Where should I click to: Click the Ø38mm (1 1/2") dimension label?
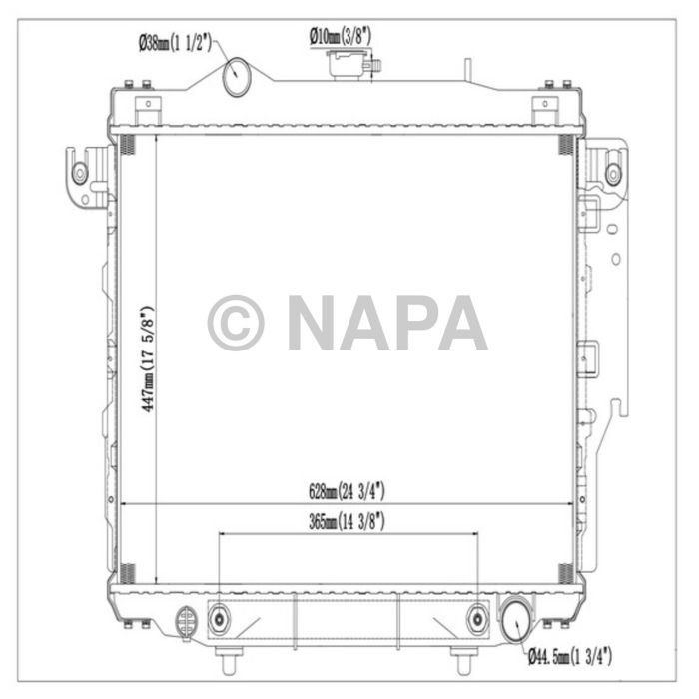(x=175, y=43)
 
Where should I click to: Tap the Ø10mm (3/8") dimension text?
(x=340, y=35)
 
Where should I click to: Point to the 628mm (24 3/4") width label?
(x=347, y=491)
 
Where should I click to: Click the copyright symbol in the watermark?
(x=236, y=323)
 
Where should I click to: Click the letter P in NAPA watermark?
(x=415, y=323)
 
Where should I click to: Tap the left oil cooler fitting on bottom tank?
(x=219, y=620)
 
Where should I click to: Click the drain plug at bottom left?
(x=186, y=621)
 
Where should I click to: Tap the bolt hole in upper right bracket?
(x=613, y=173)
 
